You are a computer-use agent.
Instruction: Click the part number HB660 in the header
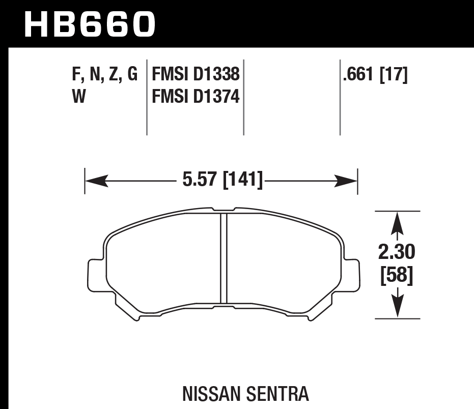tap(89, 24)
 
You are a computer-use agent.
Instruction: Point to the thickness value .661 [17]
tap(375, 75)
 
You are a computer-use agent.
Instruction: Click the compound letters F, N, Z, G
tap(105, 75)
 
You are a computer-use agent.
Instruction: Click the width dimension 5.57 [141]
tap(222, 180)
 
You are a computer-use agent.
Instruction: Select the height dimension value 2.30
tap(398, 252)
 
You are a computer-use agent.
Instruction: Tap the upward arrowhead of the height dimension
tap(397, 221)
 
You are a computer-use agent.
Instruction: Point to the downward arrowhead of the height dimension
tap(397, 308)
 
